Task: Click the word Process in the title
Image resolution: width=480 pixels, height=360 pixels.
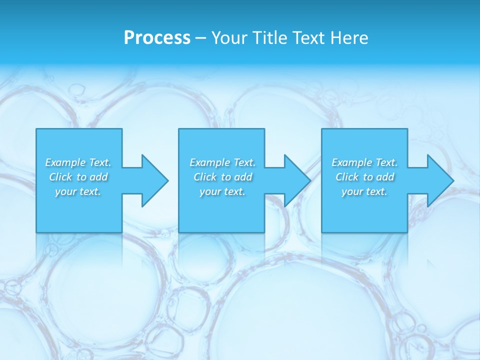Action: [x=157, y=38]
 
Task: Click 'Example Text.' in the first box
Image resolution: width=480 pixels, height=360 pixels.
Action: [x=78, y=162]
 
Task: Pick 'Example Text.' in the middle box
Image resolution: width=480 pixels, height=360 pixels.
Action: [x=222, y=162]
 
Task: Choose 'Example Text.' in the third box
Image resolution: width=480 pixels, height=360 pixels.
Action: [x=364, y=162]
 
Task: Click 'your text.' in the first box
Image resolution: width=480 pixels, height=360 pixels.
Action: [x=78, y=191]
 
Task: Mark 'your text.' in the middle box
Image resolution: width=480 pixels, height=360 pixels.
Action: [x=222, y=191]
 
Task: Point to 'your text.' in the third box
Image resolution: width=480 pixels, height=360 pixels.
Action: [x=364, y=191]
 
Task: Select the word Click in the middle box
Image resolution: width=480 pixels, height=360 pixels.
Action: [x=204, y=177]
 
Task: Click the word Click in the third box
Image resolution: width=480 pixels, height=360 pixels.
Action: [x=347, y=177]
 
